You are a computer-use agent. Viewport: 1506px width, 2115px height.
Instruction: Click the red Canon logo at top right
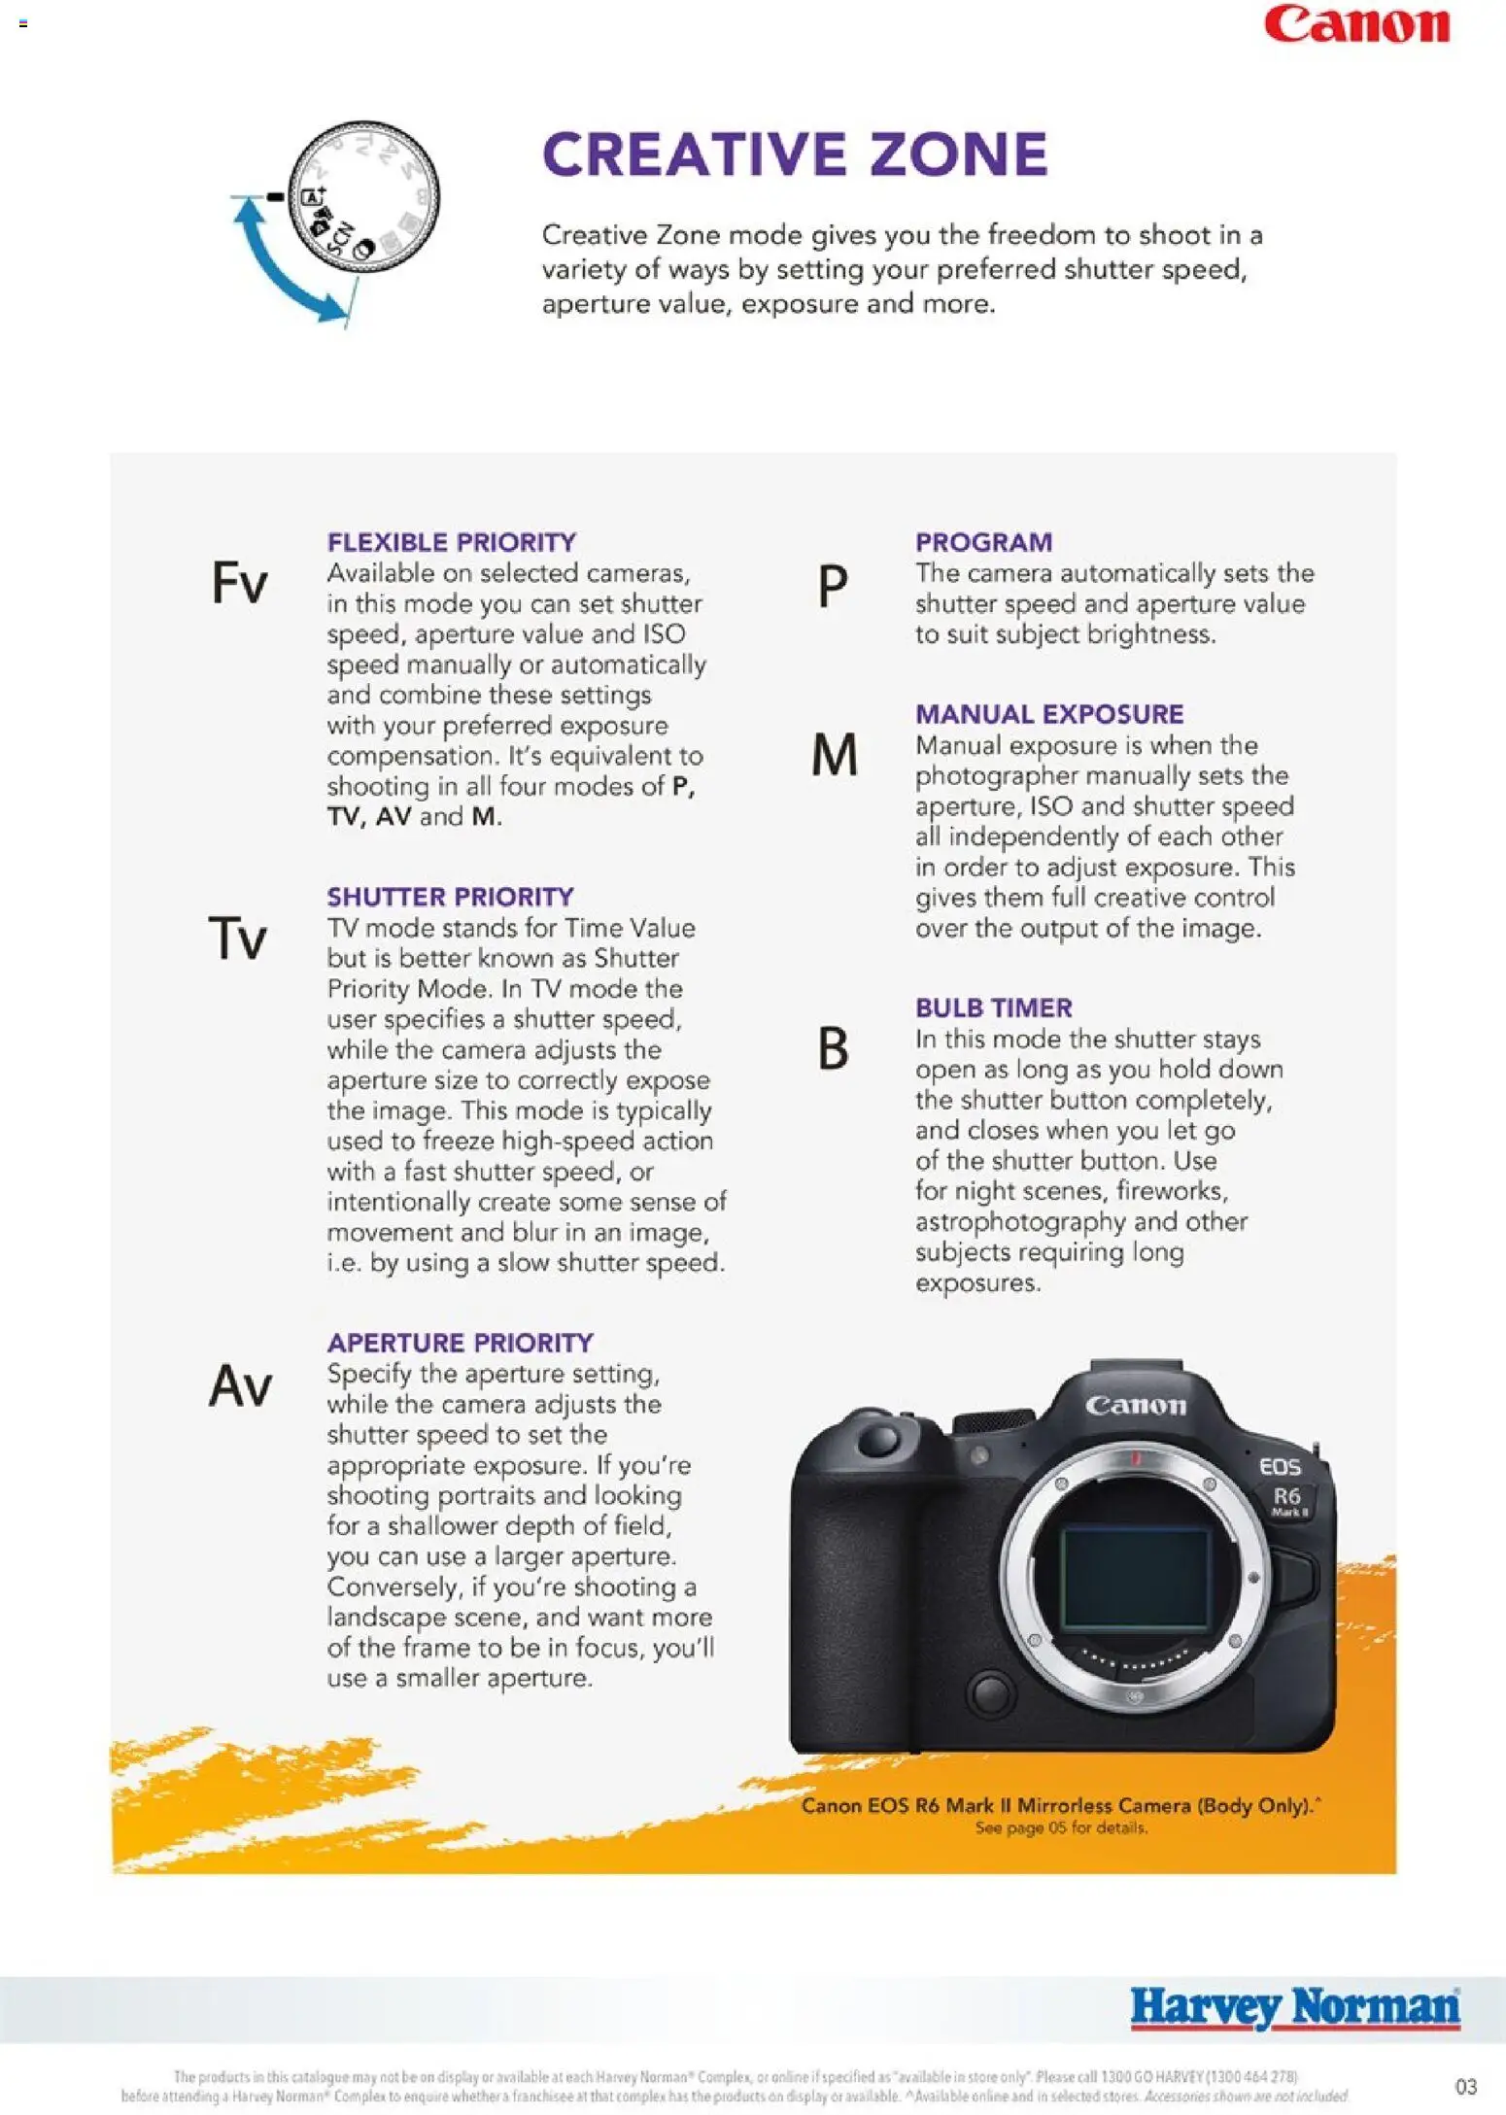pyautogui.click(x=1356, y=25)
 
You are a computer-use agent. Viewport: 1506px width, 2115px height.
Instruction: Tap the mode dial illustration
pyautogui.click(x=365, y=197)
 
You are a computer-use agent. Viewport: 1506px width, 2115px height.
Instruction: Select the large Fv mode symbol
pyautogui.click(x=239, y=583)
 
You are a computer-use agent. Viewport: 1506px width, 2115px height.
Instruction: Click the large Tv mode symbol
pyautogui.click(x=238, y=938)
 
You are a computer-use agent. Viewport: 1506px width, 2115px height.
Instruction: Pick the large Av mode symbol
pyautogui.click(x=240, y=1385)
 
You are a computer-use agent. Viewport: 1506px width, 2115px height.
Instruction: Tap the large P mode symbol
pyautogui.click(x=833, y=587)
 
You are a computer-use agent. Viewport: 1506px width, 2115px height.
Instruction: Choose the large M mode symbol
pyautogui.click(x=835, y=755)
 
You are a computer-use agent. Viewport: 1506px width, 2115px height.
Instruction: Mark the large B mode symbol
pyautogui.click(x=833, y=1049)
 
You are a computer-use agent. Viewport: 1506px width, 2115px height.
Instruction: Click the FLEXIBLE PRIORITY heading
pyautogui.click(x=451, y=542)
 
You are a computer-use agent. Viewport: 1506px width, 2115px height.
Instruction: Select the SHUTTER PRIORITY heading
pyautogui.click(x=450, y=897)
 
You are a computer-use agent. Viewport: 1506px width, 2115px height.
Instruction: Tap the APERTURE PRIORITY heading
pyautogui.click(x=460, y=1343)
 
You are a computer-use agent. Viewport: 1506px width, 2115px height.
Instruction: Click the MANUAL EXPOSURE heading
pyautogui.click(x=1048, y=714)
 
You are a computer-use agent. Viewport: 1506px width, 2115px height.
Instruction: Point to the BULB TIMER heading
pyautogui.click(x=993, y=1007)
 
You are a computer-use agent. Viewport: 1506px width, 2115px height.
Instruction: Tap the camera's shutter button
pyautogui.click(x=879, y=1438)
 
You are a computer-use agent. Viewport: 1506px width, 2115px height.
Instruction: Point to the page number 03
pyautogui.click(x=1465, y=2086)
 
